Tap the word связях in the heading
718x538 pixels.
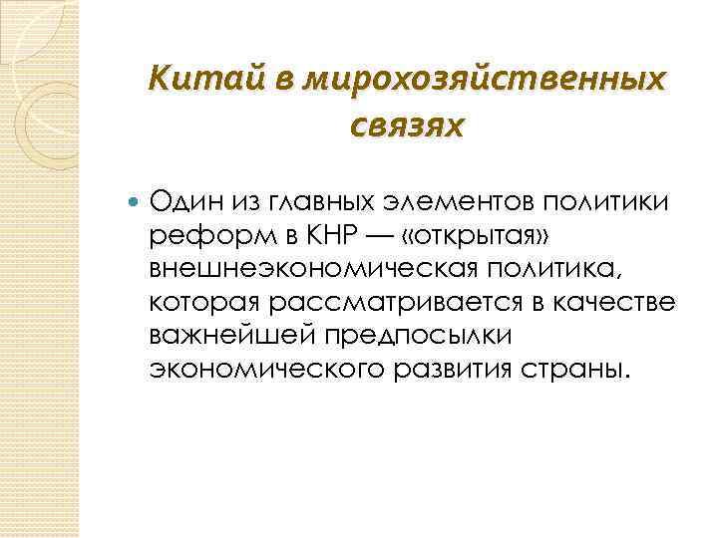pyautogui.click(x=408, y=127)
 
